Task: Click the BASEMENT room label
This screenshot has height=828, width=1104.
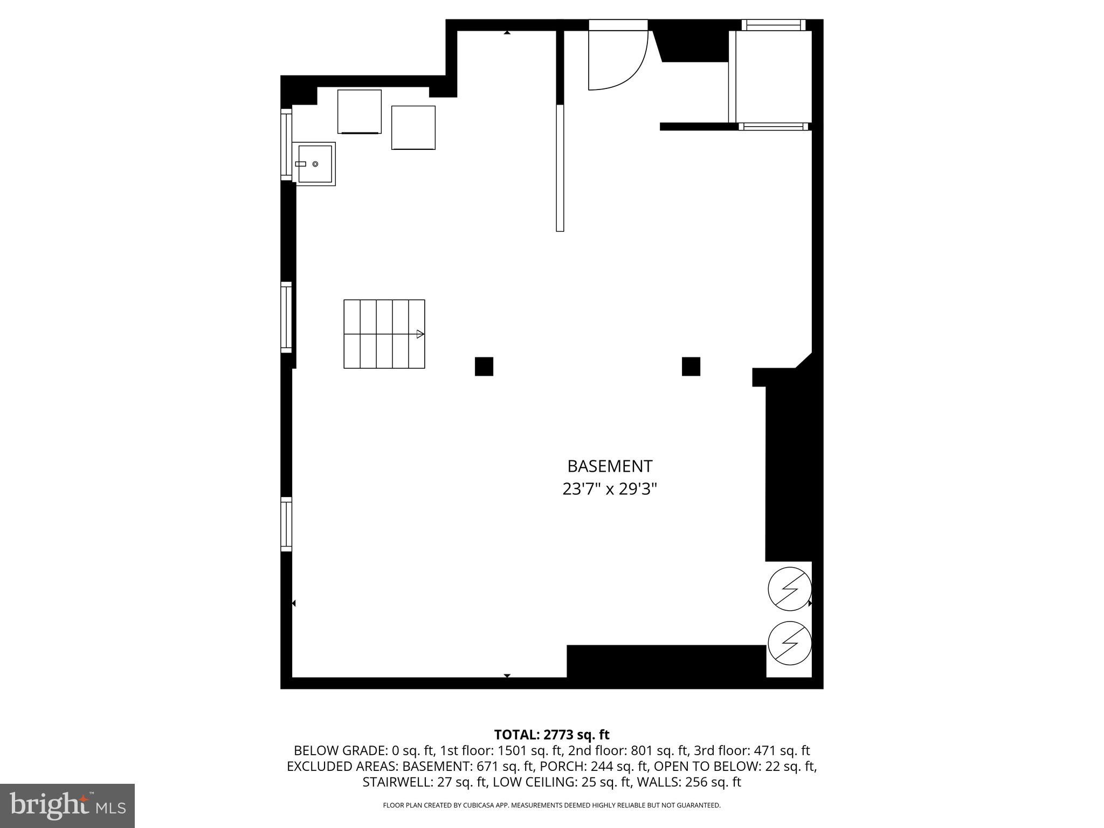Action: (610, 466)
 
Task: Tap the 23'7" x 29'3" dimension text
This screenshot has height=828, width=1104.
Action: (610, 489)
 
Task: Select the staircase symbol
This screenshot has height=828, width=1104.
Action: (384, 334)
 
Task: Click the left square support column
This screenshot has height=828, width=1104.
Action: (484, 367)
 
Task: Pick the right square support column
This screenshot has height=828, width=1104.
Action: (691, 367)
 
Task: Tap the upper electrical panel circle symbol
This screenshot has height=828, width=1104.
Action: (790, 589)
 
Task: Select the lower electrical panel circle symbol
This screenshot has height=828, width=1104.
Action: (790, 643)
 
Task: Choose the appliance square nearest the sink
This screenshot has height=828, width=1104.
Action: (360, 112)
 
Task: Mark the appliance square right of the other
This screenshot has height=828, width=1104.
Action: (413, 128)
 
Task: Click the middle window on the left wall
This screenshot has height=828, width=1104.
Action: (286, 318)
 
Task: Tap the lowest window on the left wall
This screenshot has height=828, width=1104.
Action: (286, 525)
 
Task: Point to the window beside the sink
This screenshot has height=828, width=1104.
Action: (286, 144)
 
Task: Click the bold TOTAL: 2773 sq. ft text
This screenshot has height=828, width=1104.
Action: (551, 735)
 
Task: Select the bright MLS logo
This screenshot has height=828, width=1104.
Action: (67, 806)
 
